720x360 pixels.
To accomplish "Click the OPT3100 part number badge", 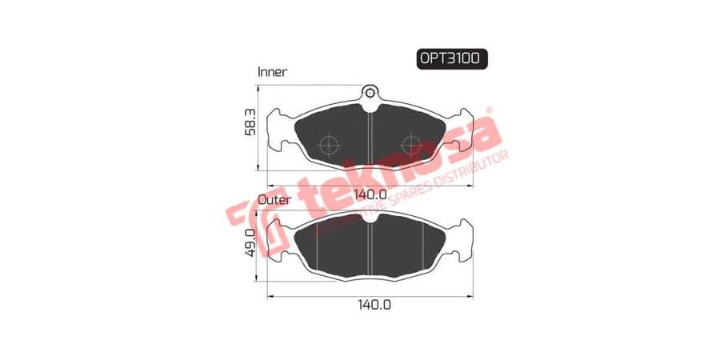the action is pos(452,58).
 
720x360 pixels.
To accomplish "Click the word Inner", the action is pos(272,72).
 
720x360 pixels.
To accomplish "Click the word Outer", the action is pos(274,200).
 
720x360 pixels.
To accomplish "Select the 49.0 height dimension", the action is pos(250,243).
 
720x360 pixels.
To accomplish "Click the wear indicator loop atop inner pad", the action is pos(370,93).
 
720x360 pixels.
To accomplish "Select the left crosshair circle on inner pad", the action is pos(329,145).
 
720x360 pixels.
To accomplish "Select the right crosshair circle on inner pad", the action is pos(411,145).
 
